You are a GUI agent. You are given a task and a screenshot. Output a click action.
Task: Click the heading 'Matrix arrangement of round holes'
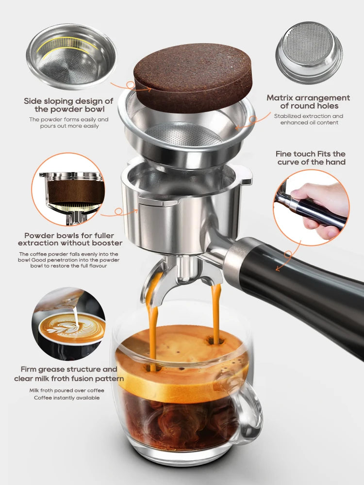308,102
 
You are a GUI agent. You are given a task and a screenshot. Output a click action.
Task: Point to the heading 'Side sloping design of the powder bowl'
68,105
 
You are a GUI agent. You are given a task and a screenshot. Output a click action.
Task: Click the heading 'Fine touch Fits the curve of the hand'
311,158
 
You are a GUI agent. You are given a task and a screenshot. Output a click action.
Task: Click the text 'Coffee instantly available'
66,398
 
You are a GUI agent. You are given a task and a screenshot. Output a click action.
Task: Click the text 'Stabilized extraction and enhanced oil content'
308,119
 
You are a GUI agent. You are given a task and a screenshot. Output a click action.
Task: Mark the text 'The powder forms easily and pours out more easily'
68,123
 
